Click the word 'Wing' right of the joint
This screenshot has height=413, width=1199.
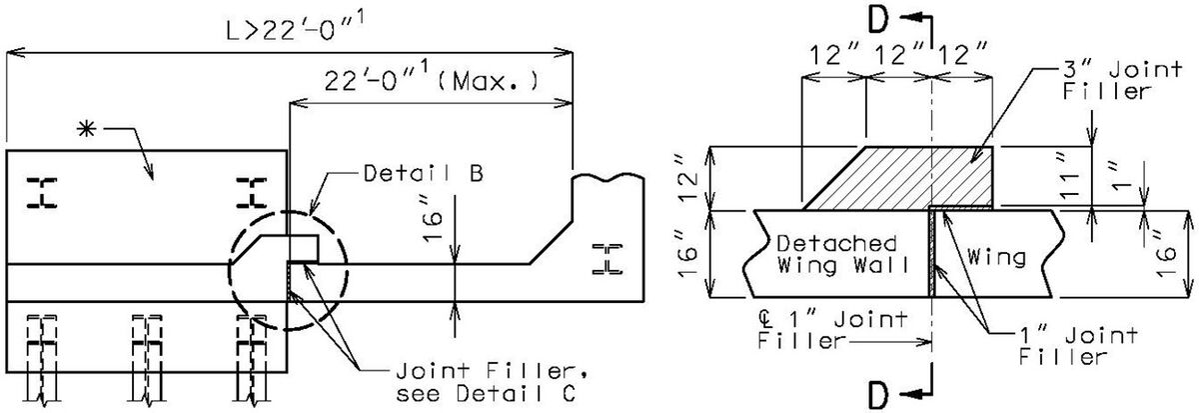(x=996, y=256)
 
